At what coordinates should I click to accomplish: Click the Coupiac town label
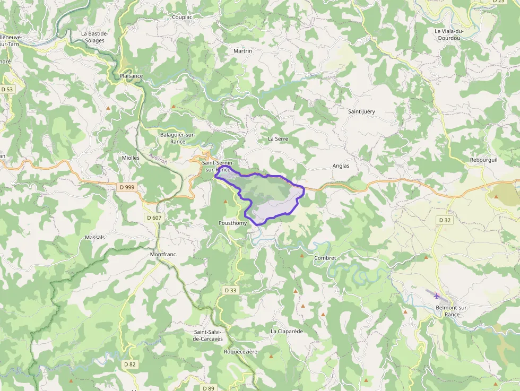pyautogui.click(x=182, y=17)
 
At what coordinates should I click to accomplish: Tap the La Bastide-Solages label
pyautogui.click(x=94, y=37)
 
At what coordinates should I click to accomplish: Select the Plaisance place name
pyautogui.click(x=131, y=76)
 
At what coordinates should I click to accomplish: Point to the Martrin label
pyautogui.click(x=242, y=51)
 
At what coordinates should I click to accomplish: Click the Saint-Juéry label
pyautogui.click(x=361, y=111)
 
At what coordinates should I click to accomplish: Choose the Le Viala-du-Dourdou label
pyautogui.click(x=449, y=34)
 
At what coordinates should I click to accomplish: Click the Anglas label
pyautogui.click(x=341, y=166)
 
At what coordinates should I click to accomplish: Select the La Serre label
pyautogui.click(x=278, y=138)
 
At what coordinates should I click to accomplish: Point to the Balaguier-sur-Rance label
pyautogui.click(x=178, y=138)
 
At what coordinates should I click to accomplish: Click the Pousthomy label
pyautogui.click(x=232, y=223)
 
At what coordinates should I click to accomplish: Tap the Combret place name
pyautogui.click(x=325, y=258)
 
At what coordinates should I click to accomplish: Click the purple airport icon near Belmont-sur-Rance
pyautogui.click(x=437, y=296)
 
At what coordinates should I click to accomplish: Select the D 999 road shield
pyautogui.click(x=127, y=187)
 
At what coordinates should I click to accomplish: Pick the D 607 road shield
pyautogui.click(x=153, y=218)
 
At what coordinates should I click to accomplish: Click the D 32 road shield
pyautogui.click(x=445, y=220)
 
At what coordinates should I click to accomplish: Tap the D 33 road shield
pyautogui.click(x=230, y=290)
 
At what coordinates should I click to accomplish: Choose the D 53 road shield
pyautogui.click(x=6, y=90)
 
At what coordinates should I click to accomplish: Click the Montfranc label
pyautogui.click(x=163, y=254)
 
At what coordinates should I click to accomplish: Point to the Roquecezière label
pyautogui.click(x=240, y=352)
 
